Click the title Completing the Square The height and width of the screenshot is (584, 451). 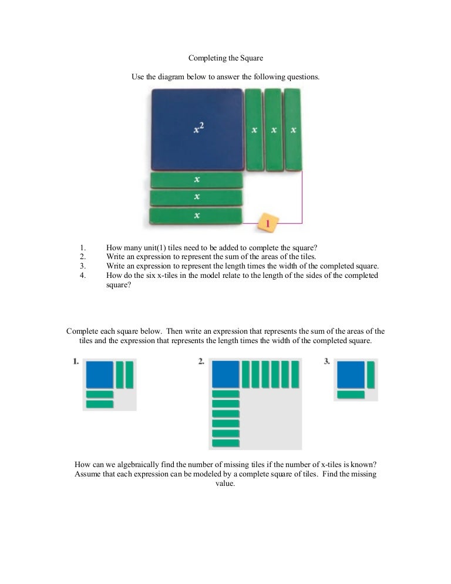click(225, 58)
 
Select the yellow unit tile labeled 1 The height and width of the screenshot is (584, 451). click(267, 223)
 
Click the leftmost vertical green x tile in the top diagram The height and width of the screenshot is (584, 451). click(254, 129)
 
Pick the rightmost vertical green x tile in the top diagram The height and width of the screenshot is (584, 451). click(292, 129)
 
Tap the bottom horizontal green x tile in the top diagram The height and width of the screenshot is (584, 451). click(196, 216)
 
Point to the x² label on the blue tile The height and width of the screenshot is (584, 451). click(199, 129)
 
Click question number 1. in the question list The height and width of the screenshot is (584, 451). click(83, 247)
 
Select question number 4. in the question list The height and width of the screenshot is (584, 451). click(83, 275)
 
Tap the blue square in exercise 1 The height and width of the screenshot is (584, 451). click(99, 374)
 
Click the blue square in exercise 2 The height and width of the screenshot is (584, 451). click(225, 374)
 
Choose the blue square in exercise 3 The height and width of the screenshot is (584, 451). click(351, 374)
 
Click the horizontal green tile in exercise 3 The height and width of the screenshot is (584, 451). click(351, 394)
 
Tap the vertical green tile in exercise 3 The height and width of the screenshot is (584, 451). click(371, 374)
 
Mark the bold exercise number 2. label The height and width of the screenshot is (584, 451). click(201, 363)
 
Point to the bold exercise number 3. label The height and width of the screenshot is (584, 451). click(327, 363)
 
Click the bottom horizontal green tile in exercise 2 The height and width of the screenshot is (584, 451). click(225, 442)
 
